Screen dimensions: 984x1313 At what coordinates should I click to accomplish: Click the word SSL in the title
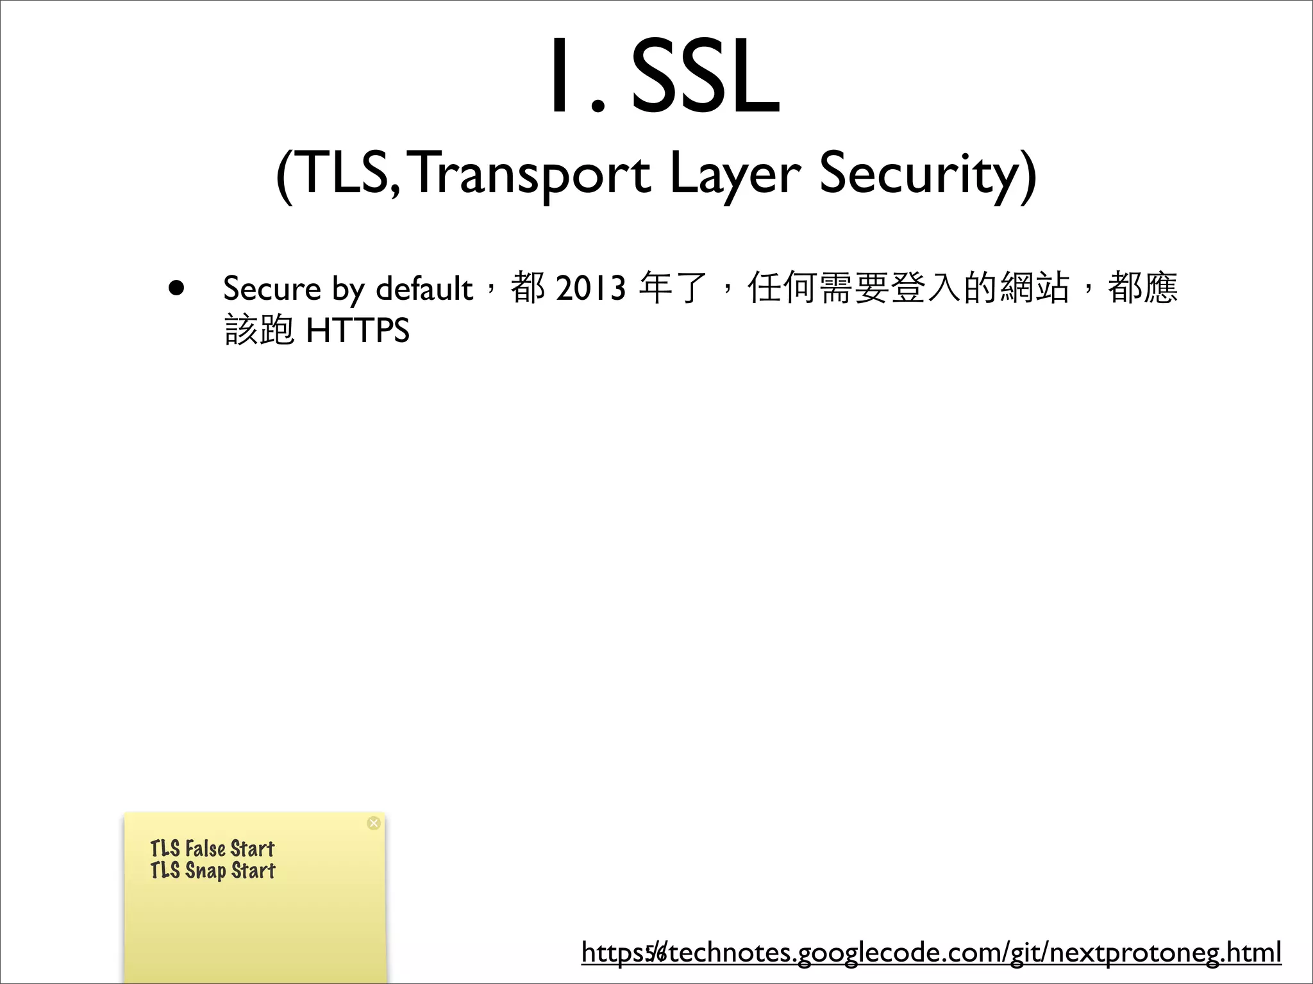click(705, 77)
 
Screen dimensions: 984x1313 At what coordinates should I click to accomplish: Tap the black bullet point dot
click(176, 288)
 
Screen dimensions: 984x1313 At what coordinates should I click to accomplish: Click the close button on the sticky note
click(374, 823)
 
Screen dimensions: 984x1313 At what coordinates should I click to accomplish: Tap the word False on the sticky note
click(205, 849)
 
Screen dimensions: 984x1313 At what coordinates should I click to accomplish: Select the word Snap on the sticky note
click(205, 871)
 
